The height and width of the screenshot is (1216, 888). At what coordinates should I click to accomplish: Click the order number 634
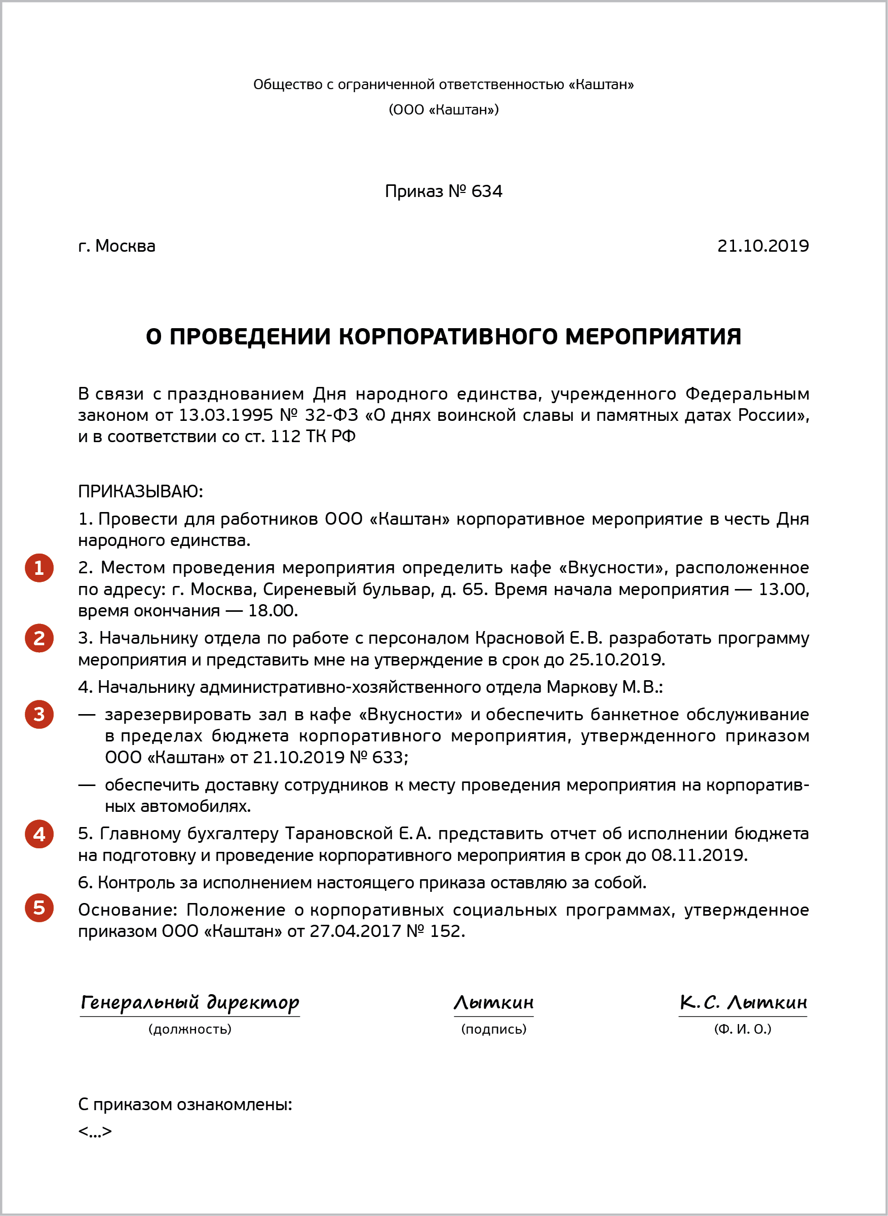click(486, 191)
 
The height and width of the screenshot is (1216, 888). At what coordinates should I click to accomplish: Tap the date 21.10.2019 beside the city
click(763, 246)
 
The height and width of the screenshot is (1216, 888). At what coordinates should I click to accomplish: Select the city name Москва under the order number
click(125, 246)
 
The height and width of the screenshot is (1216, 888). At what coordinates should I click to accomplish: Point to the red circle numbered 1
click(39, 568)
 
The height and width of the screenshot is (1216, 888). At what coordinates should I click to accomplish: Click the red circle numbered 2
click(39, 638)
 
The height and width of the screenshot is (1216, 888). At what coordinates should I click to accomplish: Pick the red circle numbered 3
click(39, 715)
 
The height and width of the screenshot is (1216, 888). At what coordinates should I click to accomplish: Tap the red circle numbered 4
click(39, 834)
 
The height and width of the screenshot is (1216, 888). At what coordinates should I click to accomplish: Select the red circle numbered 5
click(39, 908)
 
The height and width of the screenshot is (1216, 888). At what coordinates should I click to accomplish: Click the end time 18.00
click(273, 611)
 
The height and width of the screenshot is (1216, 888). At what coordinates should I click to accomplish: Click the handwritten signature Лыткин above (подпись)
click(493, 1003)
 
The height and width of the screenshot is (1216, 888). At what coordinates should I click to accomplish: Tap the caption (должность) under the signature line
click(190, 1029)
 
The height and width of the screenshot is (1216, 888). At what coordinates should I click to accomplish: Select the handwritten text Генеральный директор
click(190, 1003)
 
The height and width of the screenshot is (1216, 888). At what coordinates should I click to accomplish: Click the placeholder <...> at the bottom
click(95, 1131)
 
